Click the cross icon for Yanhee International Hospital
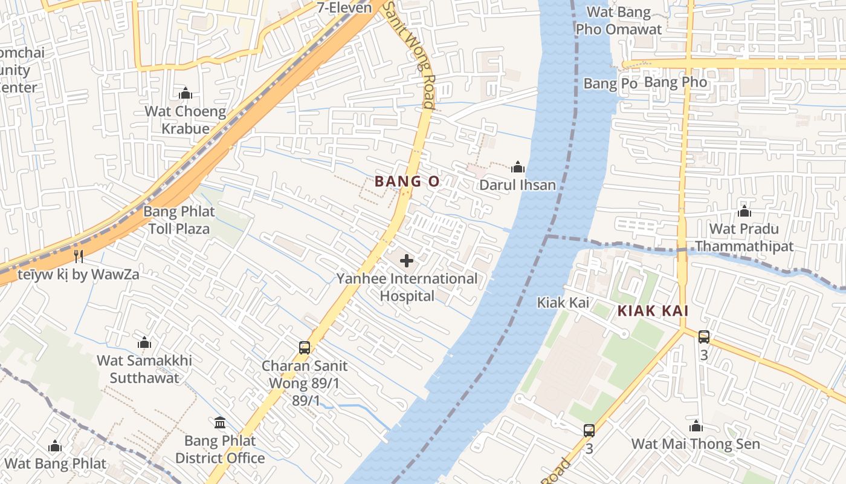coord(407,261)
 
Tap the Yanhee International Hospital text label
coord(407,287)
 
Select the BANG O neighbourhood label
coord(407,181)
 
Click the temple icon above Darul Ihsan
coord(518,168)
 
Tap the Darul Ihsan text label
coord(518,185)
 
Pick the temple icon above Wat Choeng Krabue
coord(186,93)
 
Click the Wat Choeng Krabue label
coord(186,120)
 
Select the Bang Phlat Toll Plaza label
coord(179,220)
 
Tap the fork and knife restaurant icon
coord(78,256)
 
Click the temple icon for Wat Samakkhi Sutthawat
coord(144,343)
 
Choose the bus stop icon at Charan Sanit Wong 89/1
coord(305,348)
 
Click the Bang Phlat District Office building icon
coord(220,422)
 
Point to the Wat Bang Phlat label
coord(55,464)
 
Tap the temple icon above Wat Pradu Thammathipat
coord(744,211)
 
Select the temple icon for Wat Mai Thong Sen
coord(696,426)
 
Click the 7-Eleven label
coord(344,8)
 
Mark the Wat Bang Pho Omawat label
coord(619,21)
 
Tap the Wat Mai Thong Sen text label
coord(696,443)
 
